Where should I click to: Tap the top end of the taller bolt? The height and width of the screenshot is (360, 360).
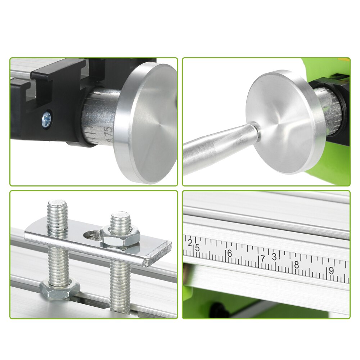tap(58, 205)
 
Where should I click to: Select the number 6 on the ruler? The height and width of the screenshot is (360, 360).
tap(229, 253)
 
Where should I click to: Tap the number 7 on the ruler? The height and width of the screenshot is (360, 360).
tap(262, 259)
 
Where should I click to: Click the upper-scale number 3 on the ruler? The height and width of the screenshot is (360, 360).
tap(274, 256)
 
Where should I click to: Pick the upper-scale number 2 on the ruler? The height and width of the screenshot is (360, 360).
tap(190, 242)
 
